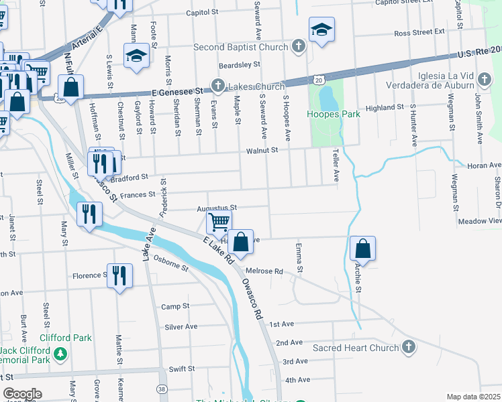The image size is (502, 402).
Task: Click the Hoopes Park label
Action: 334,114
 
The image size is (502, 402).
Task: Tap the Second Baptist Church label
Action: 240,48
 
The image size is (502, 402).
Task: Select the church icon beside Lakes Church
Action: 217,86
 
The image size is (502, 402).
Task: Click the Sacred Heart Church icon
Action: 409,347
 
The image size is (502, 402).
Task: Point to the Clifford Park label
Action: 65,338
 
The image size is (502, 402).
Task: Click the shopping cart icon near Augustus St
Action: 219,222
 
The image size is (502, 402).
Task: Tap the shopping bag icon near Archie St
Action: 362,249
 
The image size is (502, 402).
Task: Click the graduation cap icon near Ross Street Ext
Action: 322,29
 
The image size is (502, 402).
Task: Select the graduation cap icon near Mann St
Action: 136,56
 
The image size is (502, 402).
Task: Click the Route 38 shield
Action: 162,389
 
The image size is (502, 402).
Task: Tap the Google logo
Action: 22,394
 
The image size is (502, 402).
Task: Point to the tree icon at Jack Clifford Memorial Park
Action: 61,354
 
